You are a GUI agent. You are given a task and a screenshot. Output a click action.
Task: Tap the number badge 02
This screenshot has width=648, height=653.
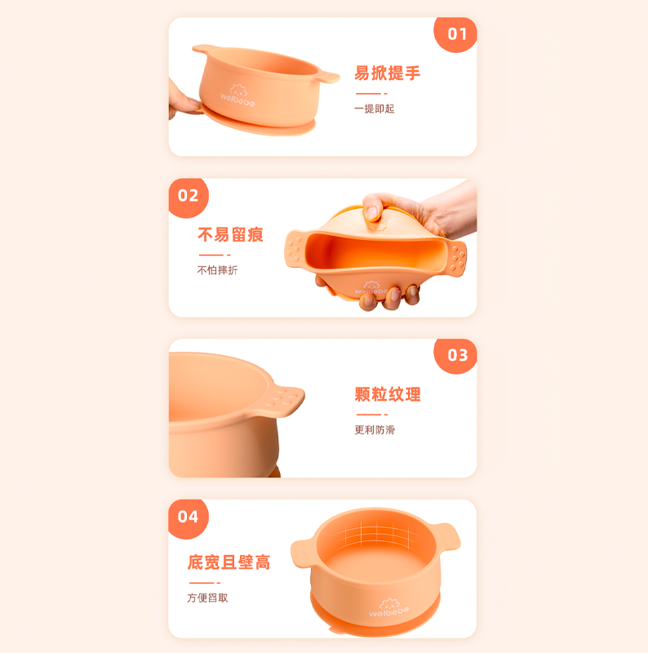[x=189, y=196]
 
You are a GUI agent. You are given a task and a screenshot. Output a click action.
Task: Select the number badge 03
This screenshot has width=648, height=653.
[x=457, y=355]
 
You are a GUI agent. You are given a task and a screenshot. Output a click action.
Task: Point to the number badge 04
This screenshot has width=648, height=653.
[x=189, y=517]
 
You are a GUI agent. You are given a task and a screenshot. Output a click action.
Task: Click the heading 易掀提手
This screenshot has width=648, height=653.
[x=387, y=73]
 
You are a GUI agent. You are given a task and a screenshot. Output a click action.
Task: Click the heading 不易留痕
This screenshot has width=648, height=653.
[x=230, y=235]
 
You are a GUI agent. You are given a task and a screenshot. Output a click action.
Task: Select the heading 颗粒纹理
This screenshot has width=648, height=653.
[x=388, y=395]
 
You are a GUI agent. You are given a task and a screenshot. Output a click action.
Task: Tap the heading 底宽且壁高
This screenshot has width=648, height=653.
[x=229, y=562]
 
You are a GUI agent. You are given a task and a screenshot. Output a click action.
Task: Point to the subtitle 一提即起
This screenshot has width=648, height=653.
[x=374, y=109]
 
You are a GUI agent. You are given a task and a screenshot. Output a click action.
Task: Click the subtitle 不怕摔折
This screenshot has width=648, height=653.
[x=217, y=270]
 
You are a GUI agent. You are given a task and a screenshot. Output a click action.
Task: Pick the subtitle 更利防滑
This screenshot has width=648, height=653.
[x=374, y=430]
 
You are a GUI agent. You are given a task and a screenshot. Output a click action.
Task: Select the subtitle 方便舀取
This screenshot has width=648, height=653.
[x=207, y=597]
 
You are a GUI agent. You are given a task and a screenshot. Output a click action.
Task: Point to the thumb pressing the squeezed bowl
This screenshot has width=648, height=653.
[x=374, y=211]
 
